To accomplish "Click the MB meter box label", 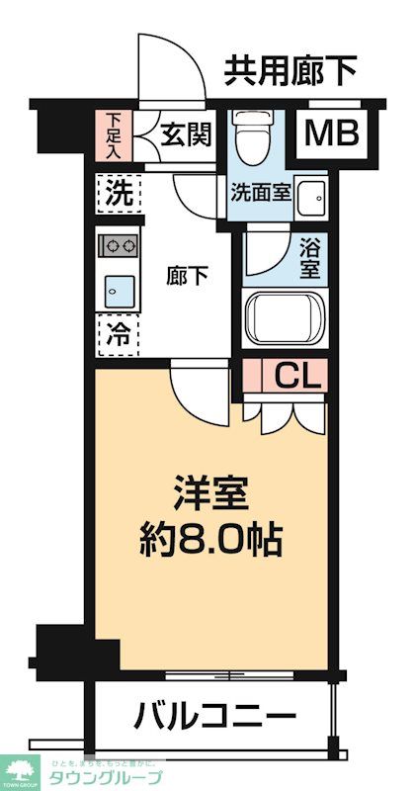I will coord(331,133).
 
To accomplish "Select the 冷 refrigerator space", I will coord(118,334).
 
